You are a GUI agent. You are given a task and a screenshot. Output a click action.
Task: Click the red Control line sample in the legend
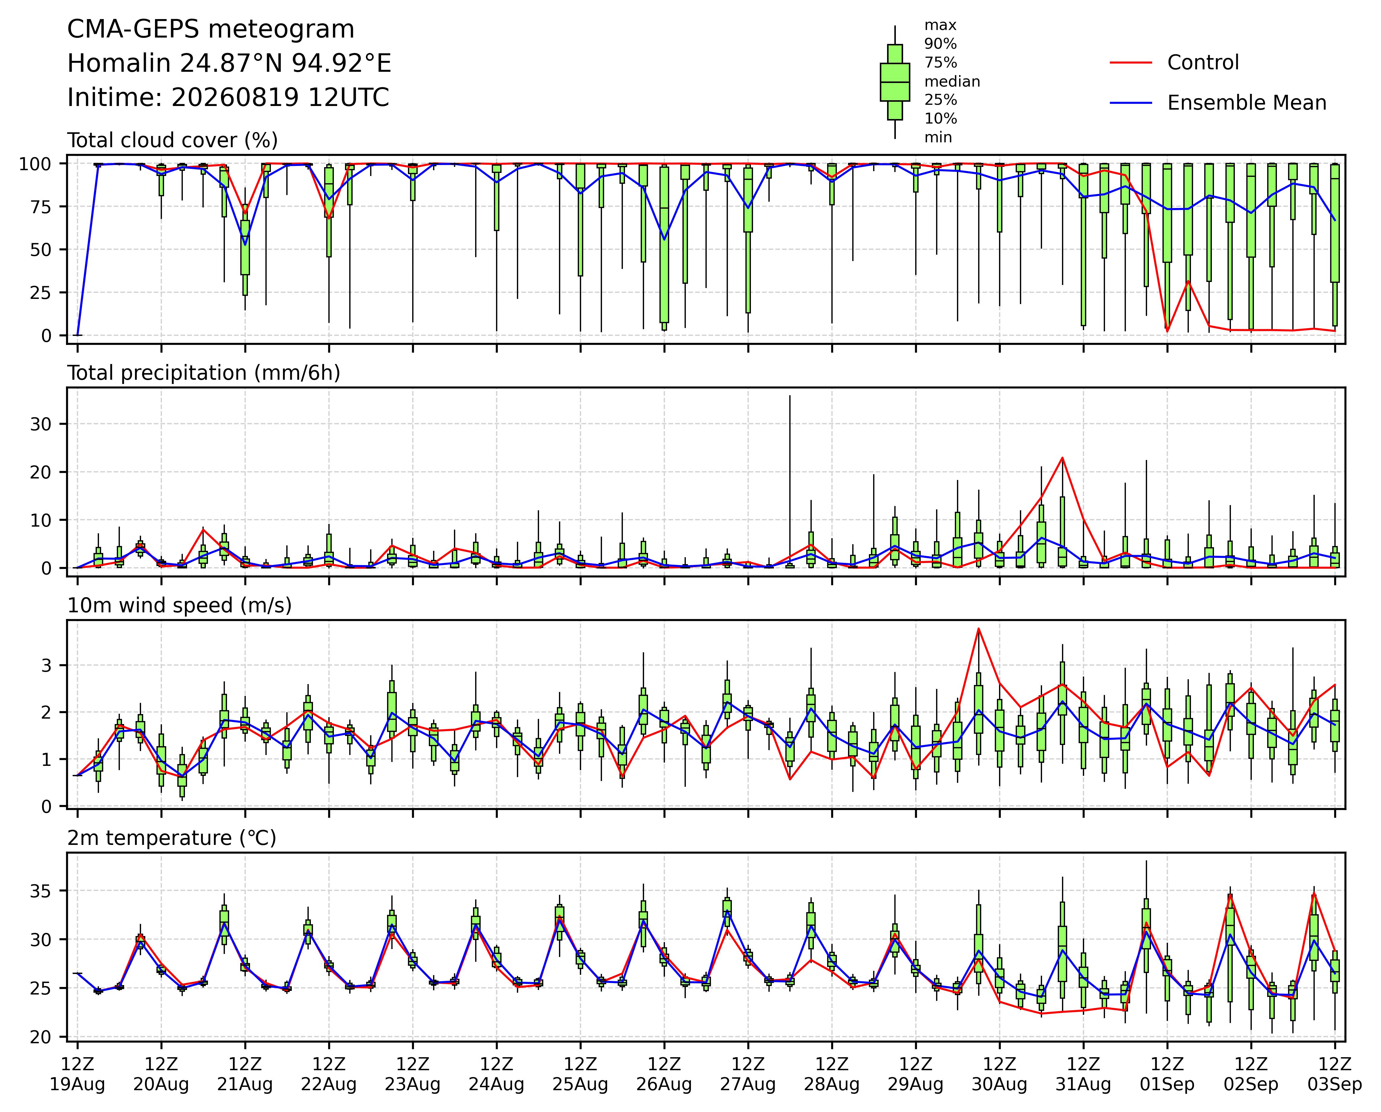click(x=1130, y=63)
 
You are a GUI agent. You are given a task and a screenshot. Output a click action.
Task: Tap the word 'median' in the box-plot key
click(x=952, y=81)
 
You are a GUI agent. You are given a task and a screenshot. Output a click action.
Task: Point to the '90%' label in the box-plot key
click(x=940, y=44)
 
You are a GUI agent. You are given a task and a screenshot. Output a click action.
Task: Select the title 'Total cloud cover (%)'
click(x=172, y=140)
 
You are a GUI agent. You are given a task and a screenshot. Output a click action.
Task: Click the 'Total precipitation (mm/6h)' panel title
click(x=204, y=373)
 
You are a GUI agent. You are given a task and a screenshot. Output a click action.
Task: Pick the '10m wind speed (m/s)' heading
click(x=179, y=606)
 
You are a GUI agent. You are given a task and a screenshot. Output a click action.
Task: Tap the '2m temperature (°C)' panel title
click(x=172, y=838)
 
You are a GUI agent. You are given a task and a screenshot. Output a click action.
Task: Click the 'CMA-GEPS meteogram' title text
click(x=211, y=29)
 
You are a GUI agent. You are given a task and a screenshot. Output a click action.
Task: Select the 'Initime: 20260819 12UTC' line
click(x=228, y=98)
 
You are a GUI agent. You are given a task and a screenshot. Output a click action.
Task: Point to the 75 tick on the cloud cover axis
click(x=45, y=206)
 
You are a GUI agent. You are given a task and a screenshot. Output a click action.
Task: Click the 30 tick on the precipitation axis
click(x=45, y=424)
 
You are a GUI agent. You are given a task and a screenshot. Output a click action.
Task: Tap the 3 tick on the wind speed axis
click(x=51, y=665)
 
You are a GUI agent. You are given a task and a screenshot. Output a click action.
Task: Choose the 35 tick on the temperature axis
click(x=45, y=891)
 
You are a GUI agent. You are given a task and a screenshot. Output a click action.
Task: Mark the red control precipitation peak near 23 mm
click(x=1063, y=458)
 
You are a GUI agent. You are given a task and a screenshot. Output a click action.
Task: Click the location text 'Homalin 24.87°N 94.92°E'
click(x=229, y=64)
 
